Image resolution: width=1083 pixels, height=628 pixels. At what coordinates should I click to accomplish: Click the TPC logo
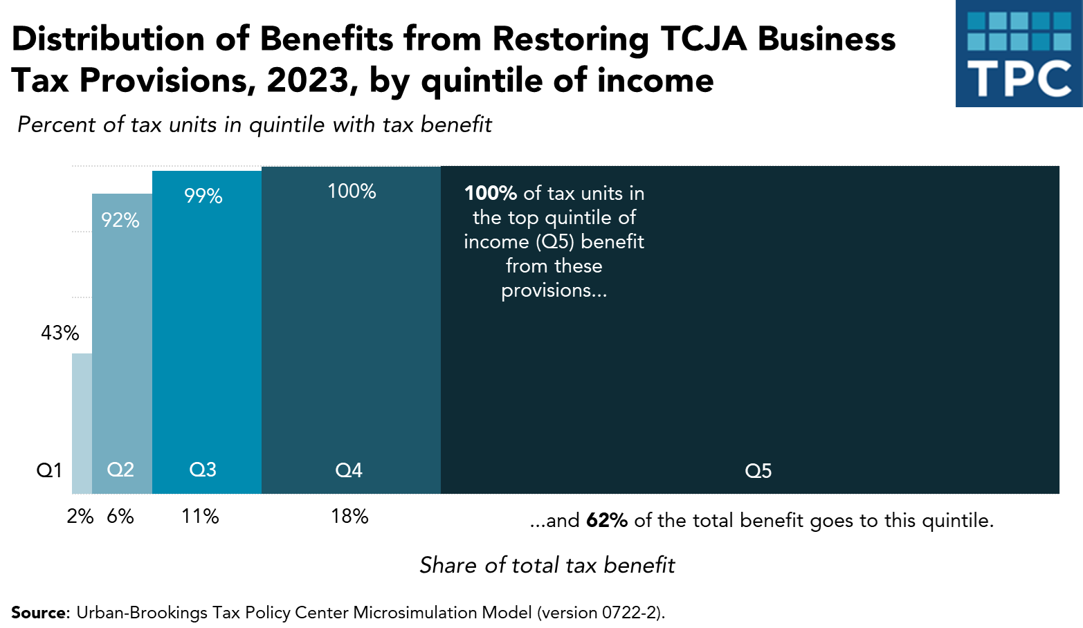point(1019,54)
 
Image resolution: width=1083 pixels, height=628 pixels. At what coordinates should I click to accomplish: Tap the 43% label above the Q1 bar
point(60,333)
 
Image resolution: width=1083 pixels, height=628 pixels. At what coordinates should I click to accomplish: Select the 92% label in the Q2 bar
point(120,221)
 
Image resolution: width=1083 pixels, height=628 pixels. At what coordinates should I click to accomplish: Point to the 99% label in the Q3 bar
point(203,196)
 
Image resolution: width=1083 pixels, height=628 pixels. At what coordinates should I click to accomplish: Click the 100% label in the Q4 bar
point(352,192)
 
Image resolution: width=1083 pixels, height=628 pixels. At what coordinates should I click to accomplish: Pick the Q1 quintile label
point(49,471)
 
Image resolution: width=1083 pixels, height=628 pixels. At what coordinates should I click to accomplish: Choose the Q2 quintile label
point(120,470)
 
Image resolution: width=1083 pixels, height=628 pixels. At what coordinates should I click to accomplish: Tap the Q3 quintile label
point(203,470)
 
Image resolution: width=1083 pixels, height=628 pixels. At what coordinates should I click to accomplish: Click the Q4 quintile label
point(349,471)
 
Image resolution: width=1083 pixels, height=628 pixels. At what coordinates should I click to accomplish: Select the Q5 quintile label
point(758,472)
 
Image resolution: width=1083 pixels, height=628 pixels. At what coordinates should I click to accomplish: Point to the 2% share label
point(80,517)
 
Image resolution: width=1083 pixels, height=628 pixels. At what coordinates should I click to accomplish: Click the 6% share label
point(120,517)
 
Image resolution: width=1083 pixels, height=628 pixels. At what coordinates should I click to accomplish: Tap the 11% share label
point(200,517)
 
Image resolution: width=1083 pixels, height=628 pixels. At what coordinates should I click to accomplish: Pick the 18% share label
point(349,517)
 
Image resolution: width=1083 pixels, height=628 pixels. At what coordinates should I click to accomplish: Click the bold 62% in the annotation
point(607,521)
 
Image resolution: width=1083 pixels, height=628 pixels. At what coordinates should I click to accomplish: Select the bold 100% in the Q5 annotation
point(491,194)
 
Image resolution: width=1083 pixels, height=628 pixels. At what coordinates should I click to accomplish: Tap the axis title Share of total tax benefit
point(547,566)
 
